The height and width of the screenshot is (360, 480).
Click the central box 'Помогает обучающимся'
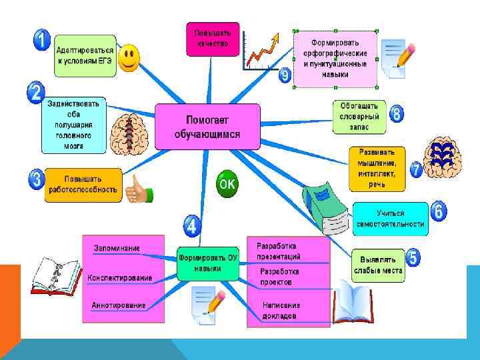click(x=207, y=126)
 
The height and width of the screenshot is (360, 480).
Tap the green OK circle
click(x=227, y=184)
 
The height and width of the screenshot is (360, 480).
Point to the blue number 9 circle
click(x=285, y=75)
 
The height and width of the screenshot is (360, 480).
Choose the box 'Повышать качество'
click(x=213, y=38)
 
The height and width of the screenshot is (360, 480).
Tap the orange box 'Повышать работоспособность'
click(x=83, y=184)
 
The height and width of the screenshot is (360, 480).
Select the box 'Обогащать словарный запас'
click(x=359, y=116)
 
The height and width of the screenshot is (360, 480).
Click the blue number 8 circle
click(x=397, y=113)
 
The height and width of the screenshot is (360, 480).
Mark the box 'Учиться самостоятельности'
click(x=390, y=219)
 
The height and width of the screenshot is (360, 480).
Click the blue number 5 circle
click(x=413, y=258)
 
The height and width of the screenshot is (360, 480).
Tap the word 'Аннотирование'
click(x=119, y=305)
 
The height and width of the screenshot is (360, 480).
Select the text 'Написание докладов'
click(x=279, y=310)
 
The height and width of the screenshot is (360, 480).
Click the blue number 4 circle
click(x=192, y=225)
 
